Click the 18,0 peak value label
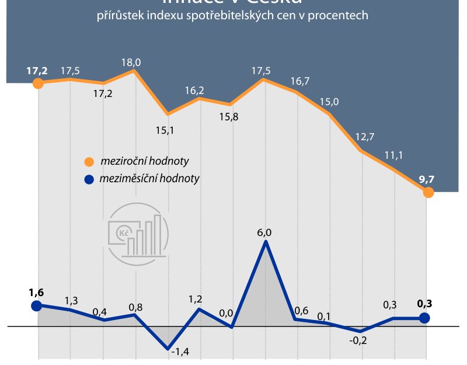pos(131,62)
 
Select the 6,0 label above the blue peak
pos(264,232)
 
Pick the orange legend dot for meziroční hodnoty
pos(89,162)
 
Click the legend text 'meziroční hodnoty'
pos(144,161)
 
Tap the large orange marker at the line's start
pos(38,84)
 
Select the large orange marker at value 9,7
pos(428,193)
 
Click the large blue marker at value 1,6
pos(37,305)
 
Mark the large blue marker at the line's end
pos(424,318)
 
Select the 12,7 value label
pos(363,138)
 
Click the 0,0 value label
pos(226,313)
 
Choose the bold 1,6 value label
pos(36,292)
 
